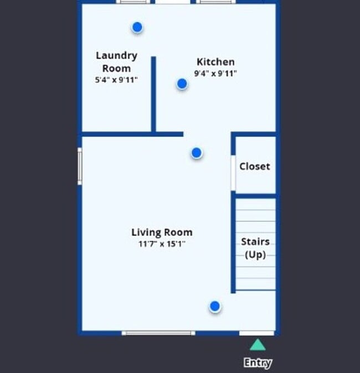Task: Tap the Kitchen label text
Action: pyautogui.click(x=215, y=62)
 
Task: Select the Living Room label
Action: pyautogui.click(x=162, y=232)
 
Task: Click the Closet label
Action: pyautogui.click(x=255, y=166)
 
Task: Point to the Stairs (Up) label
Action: pyautogui.click(x=255, y=248)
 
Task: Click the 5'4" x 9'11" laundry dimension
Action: pyautogui.click(x=116, y=80)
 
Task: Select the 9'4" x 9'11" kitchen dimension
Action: pyautogui.click(x=215, y=73)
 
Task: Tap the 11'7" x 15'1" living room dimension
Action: pyautogui.click(x=162, y=244)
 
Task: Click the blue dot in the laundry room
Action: pyautogui.click(x=137, y=27)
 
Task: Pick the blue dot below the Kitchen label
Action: pyautogui.click(x=182, y=84)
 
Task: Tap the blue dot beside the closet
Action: pyautogui.click(x=196, y=153)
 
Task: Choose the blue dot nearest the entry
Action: pyautogui.click(x=214, y=306)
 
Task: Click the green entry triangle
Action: pyautogui.click(x=256, y=345)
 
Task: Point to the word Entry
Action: pyautogui.click(x=258, y=363)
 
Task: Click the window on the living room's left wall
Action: pyautogui.click(x=80, y=166)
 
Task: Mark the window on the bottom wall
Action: pyautogui.click(x=158, y=333)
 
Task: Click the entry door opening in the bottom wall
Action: pyautogui.click(x=256, y=333)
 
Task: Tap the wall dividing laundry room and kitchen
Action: pyautogui.click(x=153, y=94)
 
